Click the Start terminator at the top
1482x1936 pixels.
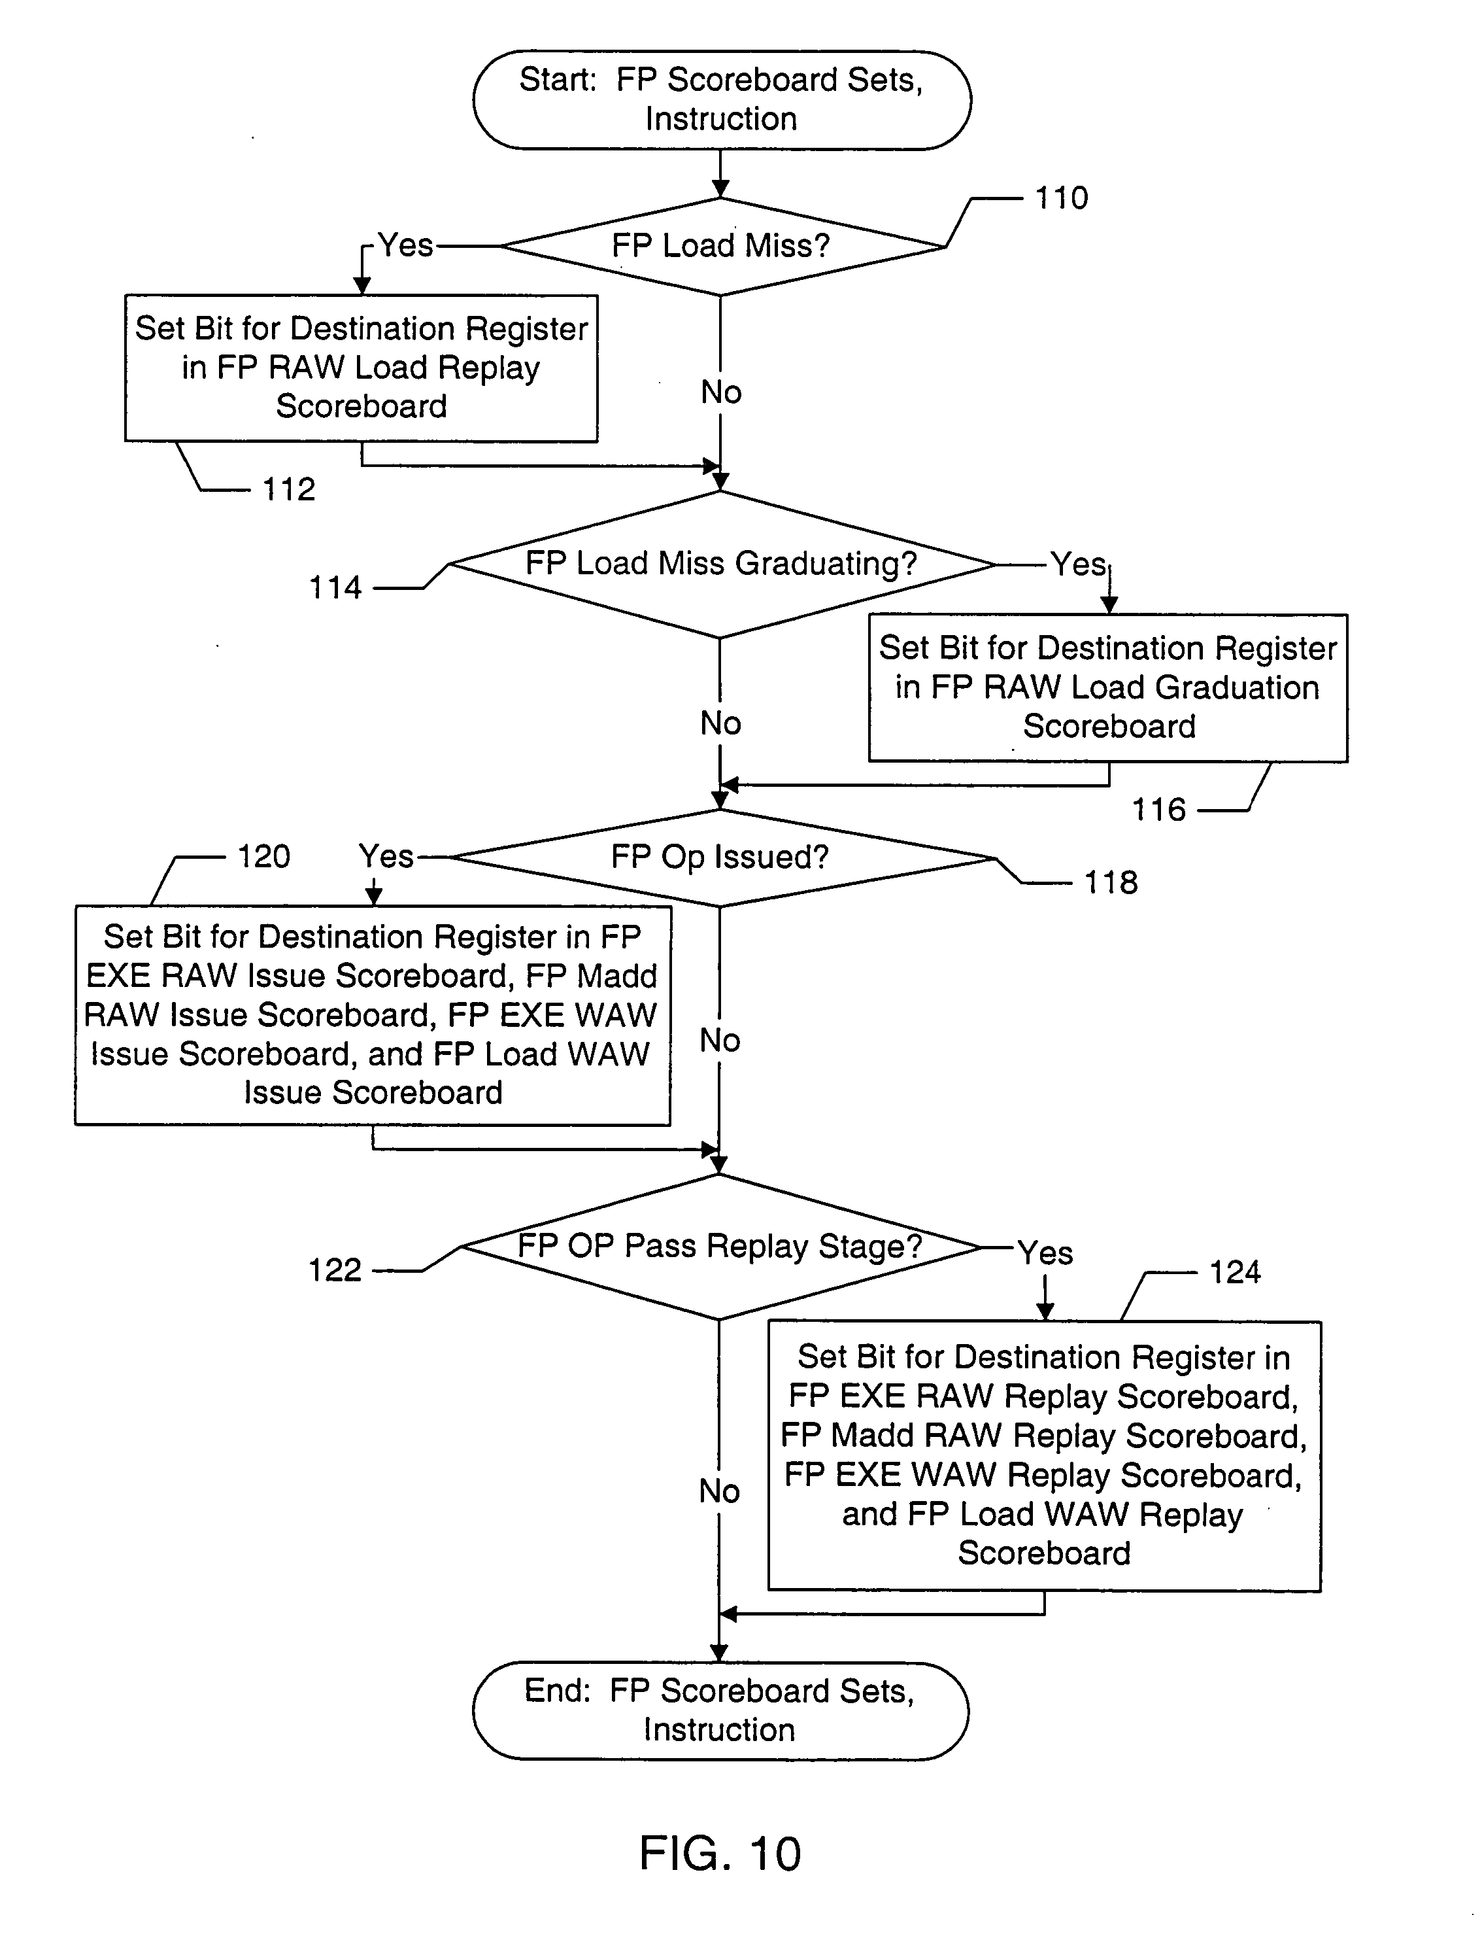coord(722,99)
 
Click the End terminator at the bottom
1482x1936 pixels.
coord(720,1710)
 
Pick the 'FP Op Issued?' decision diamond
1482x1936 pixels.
coord(720,857)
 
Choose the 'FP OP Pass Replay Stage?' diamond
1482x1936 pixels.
coord(720,1247)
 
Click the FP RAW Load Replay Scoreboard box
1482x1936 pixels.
coord(361,368)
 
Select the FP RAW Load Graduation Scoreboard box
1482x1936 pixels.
coord(1108,687)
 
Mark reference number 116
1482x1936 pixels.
coord(1158,810)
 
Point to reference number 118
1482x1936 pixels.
coord(1111,882)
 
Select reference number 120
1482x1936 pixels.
coord(263,857)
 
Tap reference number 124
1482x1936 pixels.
coord(1234,1272)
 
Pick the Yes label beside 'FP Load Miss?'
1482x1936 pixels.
coord(406,245)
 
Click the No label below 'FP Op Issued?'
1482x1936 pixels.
coord(720,1041)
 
